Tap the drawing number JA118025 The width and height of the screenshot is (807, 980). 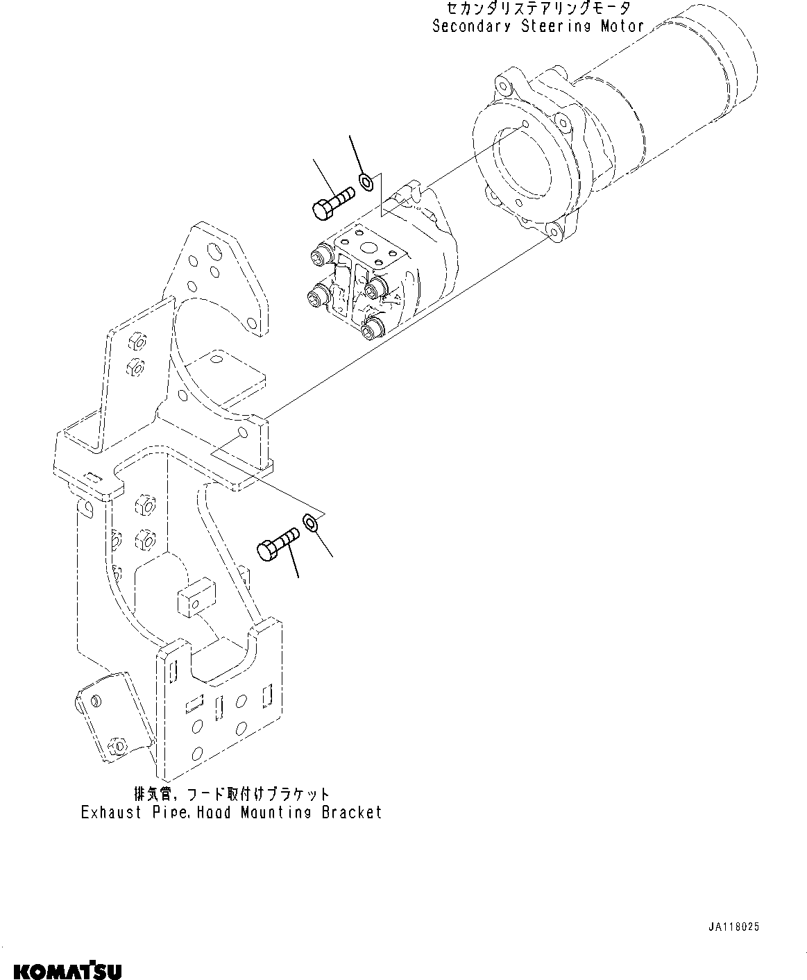[734, 927]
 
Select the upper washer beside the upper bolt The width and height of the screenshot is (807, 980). [366, 183]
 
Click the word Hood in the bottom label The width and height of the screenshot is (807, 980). [214, 812]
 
